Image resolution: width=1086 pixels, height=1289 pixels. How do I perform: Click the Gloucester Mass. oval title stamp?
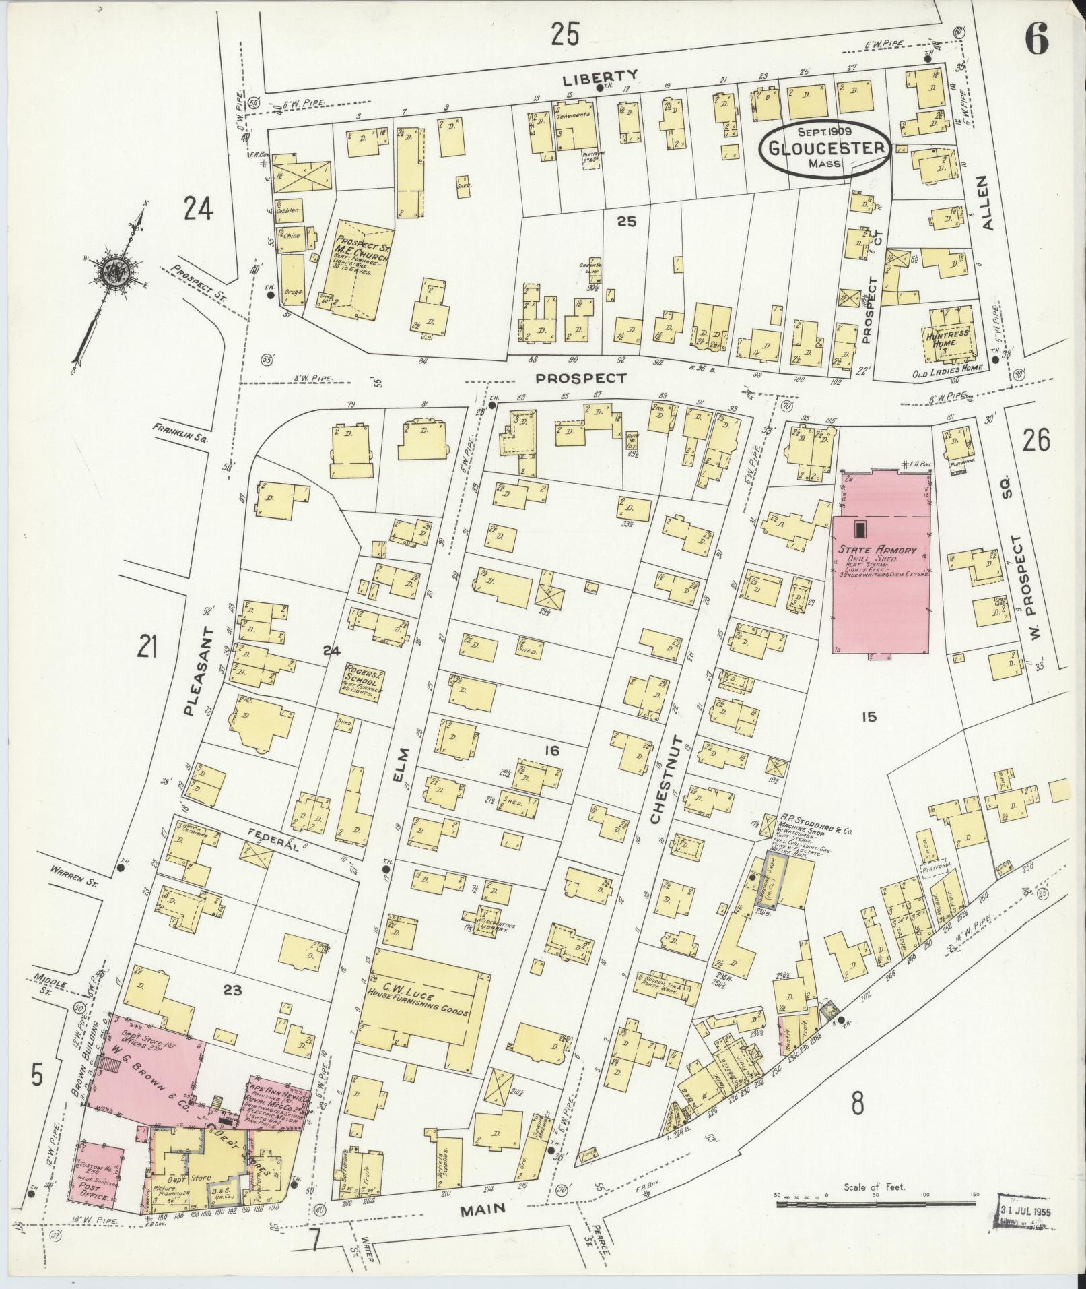coord(825,148)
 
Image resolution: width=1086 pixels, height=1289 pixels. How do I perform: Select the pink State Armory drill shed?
coord(881,573)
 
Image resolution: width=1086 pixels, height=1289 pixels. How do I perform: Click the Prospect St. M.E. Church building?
coord(362,270)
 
